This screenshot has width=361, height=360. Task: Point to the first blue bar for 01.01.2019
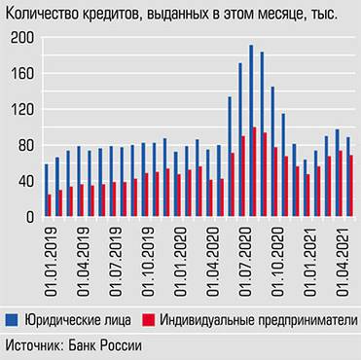(x=47, y=191)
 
